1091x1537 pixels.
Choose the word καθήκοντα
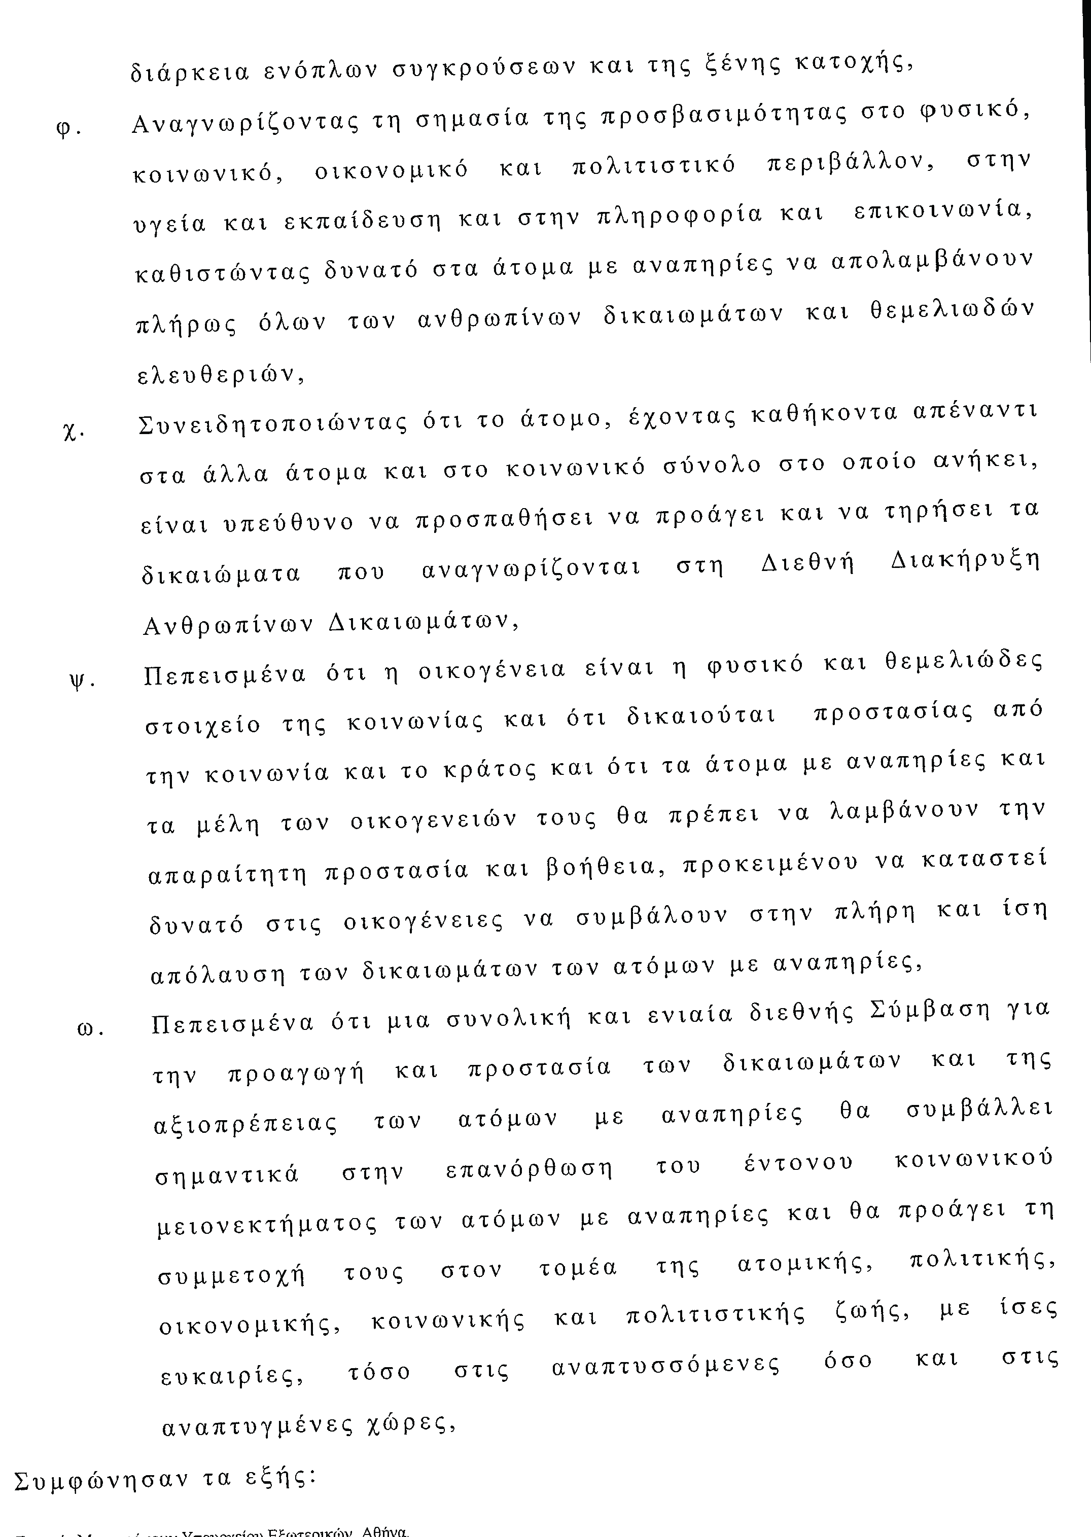click(x=824, y=413)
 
